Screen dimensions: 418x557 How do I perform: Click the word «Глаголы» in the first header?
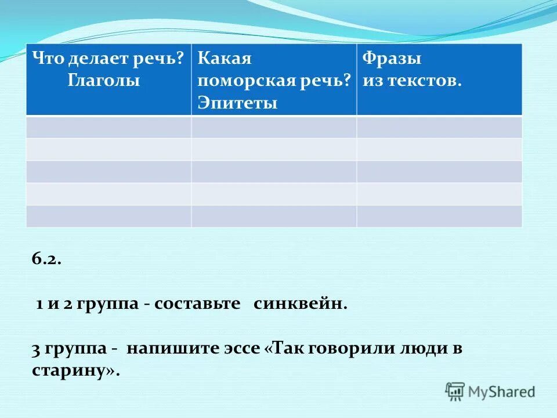tap(104, 81)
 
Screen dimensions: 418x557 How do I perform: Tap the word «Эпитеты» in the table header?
tap(237, 103)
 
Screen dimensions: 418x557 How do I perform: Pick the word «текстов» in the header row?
tap(423, 81)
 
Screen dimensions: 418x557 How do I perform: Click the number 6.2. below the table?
tap(46, 260)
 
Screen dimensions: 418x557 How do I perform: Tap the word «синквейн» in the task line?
tap(299, 304)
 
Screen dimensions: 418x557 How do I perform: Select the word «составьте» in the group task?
tap(197, 304)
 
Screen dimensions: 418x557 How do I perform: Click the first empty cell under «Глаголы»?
tap(108, 127)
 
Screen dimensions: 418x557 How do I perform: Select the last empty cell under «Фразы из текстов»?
tap(439, 216)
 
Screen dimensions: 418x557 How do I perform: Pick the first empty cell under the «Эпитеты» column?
tap(274, 127)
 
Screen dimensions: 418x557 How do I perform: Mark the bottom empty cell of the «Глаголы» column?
tap(108, 216)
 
